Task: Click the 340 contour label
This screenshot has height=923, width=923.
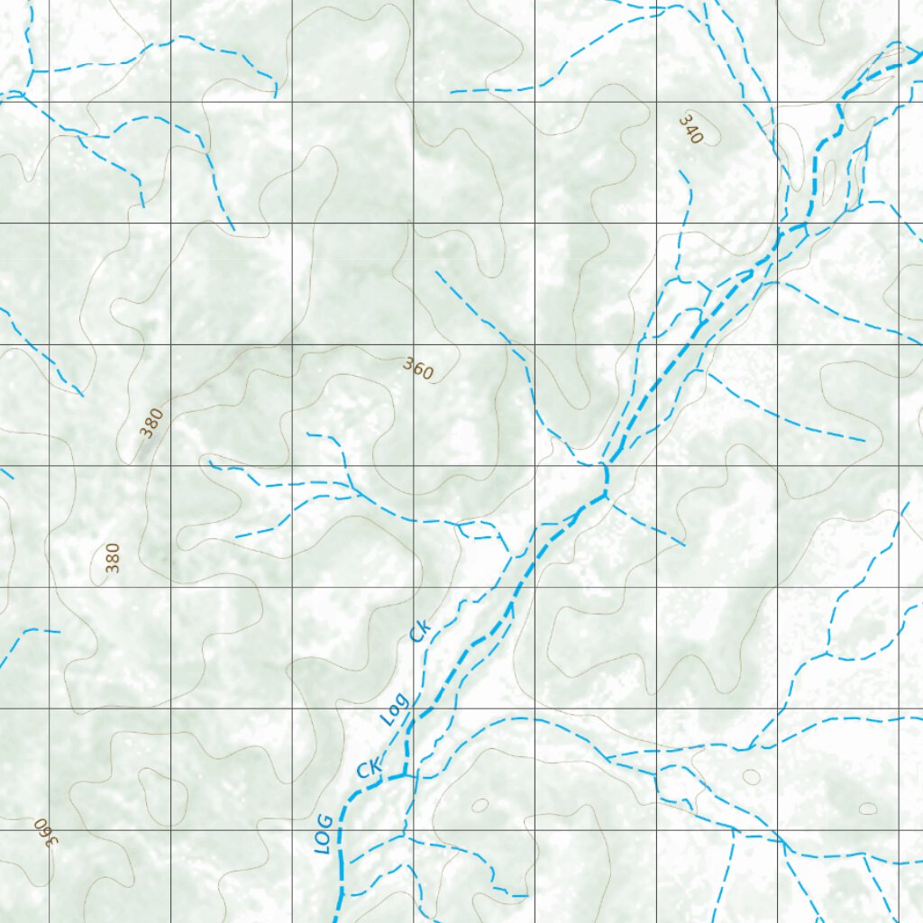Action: pyautogui.click(x=690, y=130)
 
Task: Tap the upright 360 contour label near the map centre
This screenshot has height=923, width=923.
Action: pyautogui.click(x=418, y=369)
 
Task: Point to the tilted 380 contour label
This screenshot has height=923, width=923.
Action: pyautogui.click(x=153, y=422)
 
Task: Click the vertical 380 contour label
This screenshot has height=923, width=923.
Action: pyautogui.click(x=112, y=558)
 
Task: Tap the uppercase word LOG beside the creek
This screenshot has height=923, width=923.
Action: pyautogui.click(x=324, y=834)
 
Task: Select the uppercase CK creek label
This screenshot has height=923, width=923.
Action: pyautogui.click(x=370, y=768)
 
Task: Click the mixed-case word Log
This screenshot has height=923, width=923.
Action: pyautogui.click(x=394, y=709)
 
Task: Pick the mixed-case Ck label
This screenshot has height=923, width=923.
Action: pyautogui.click(x=420, y=630)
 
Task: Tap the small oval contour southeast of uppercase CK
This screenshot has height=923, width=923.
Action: pyautogui.click(x=480, y=805)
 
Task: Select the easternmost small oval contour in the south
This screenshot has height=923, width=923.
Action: pyautogui.click(x=867, y=809)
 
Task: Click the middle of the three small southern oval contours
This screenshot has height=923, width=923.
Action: pyautogui.click(x=751, y=777)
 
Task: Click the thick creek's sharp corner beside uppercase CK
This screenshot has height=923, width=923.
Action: pyautogui.click(x=406, y=773)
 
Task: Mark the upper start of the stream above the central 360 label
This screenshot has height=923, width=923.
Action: pyautogui.click(x=436, y=271)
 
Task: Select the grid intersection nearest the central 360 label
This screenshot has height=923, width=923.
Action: pyautogui.click(x=414, y=344)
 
